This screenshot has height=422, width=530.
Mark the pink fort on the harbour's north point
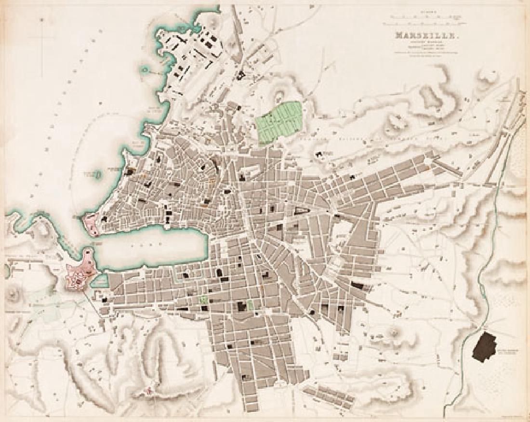[92, 224]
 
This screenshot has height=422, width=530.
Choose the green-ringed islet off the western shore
[98, 174]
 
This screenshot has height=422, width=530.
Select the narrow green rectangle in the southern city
[251, 305]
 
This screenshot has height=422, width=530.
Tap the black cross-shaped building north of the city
[240, 75]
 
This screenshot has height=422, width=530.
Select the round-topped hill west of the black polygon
[395, 332]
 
